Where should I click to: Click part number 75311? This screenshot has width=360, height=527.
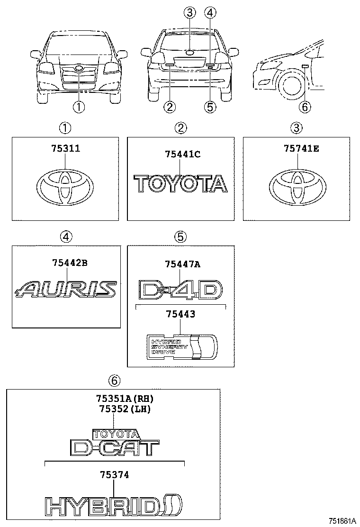tap(65, 148)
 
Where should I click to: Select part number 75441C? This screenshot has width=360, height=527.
tap(183, 154)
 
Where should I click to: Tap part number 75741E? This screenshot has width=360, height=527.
tap(301, 148)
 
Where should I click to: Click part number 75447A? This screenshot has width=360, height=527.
tap(183, 264)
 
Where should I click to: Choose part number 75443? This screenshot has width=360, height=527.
tap(180, 314)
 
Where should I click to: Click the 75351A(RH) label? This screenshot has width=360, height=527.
tap(125, 398)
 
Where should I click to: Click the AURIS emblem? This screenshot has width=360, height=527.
tap(66, 289)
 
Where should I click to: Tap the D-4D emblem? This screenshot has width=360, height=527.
tap(180, 290)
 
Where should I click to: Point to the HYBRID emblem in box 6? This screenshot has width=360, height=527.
tap(114, 506)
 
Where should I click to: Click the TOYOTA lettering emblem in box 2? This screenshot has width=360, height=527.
tap(180, 183)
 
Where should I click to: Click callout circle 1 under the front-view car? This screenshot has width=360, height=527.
tap(79, 108)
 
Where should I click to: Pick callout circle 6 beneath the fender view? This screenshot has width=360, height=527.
tap(305, 108)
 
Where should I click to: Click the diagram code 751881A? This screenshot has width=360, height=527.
tap(341, 520)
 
